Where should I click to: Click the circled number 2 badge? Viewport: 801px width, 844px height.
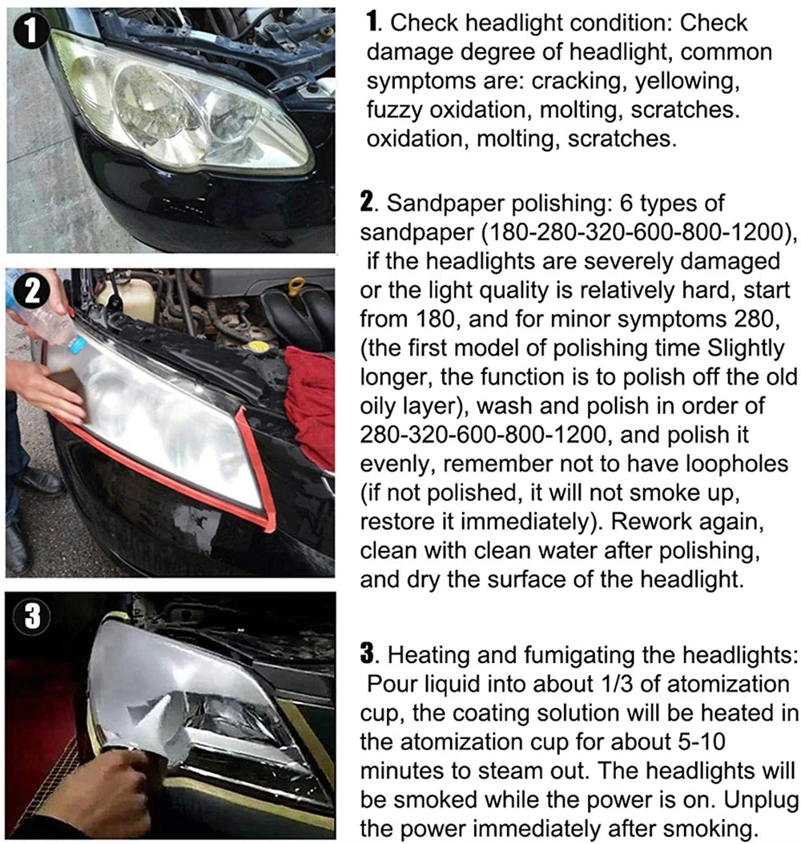[30, 291]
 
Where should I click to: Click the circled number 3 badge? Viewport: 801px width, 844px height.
[29, 617]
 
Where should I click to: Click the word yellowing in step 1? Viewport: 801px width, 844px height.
[694, 81]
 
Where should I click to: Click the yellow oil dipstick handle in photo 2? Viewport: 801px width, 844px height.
[297, 285]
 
